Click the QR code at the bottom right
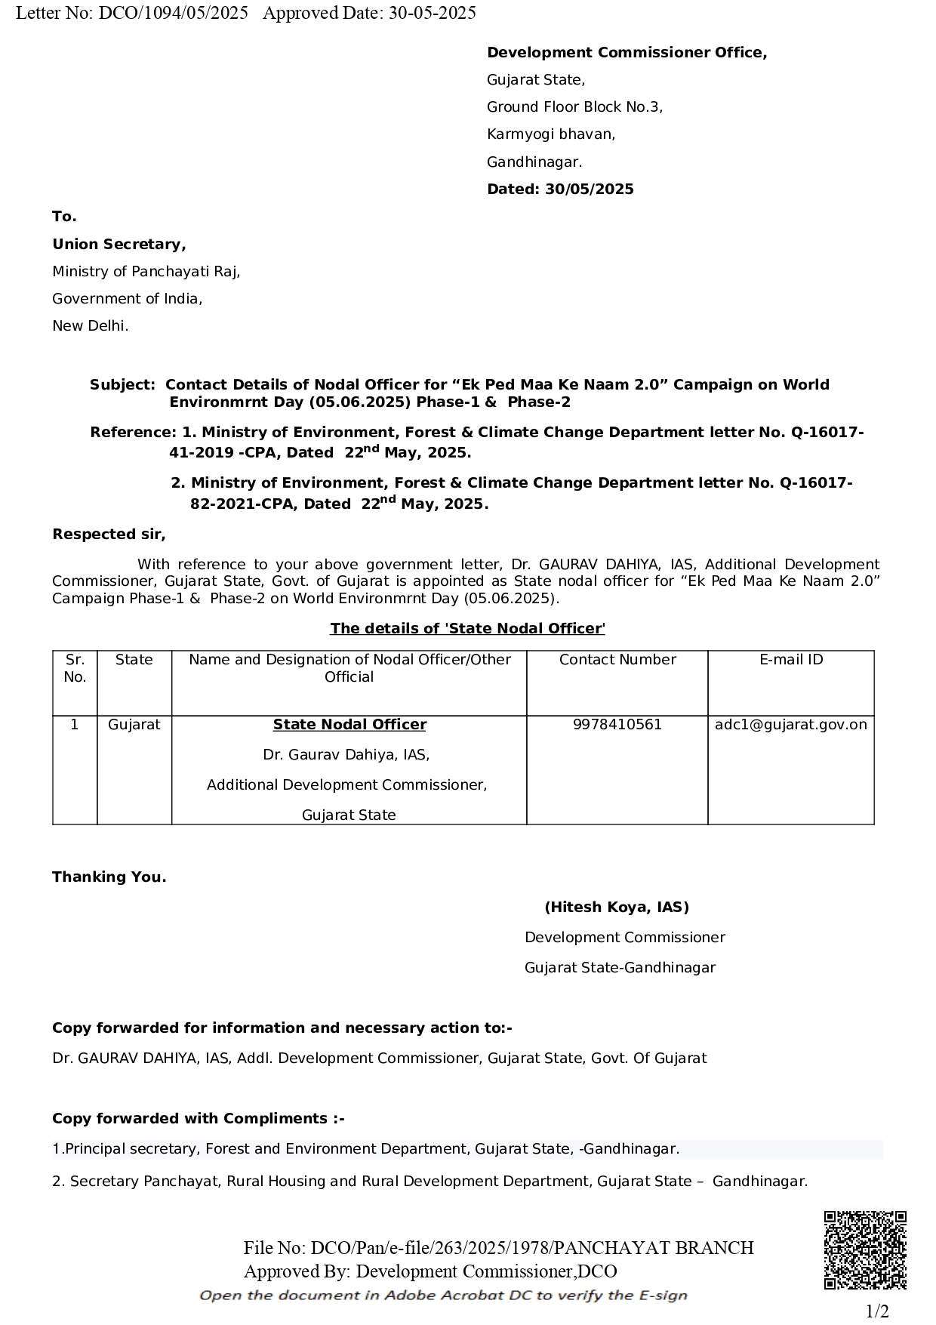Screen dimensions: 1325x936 864,1250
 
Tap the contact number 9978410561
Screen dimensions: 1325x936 617,725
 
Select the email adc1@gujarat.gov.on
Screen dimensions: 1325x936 790,725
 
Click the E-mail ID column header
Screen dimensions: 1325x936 790,660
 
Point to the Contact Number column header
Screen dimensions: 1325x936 617,660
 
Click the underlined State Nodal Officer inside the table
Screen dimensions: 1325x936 349,725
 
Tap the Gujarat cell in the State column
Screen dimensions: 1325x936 134,725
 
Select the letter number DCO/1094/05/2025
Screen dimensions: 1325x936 173,13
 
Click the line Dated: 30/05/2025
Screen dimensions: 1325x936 560,190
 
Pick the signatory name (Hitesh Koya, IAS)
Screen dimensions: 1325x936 616,907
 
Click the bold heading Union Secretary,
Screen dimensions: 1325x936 119,245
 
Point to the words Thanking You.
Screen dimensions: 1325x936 109,877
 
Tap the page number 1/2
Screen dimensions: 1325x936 876,1311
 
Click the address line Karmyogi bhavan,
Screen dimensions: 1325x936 551,134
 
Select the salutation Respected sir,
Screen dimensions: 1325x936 109,535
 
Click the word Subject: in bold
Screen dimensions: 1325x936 122,385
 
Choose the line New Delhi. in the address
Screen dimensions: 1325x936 90,326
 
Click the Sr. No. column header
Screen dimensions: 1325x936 75,668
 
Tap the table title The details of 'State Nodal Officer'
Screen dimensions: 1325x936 467,629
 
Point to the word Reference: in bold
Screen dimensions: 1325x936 132,433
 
